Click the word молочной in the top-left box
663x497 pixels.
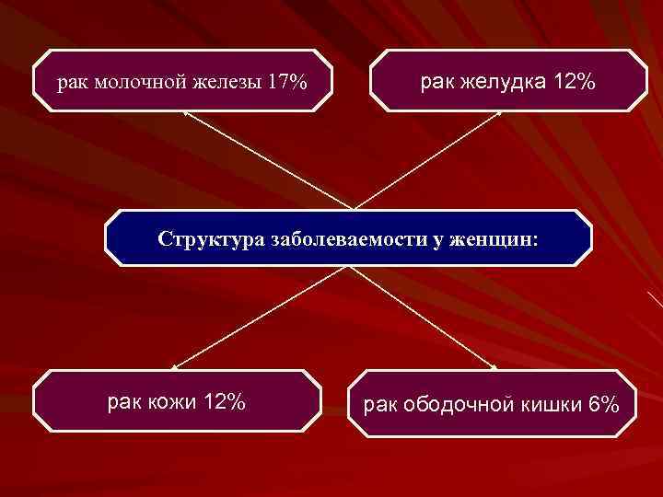[138, 84]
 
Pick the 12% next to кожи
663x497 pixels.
[223, 402]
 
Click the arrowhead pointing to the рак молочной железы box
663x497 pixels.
[185, 112]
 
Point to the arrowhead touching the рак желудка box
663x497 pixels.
[500, 113]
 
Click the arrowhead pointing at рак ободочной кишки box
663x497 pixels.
[494, 369]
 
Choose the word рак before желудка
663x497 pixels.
[438, 83]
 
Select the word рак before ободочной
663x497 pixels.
[379, 405]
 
